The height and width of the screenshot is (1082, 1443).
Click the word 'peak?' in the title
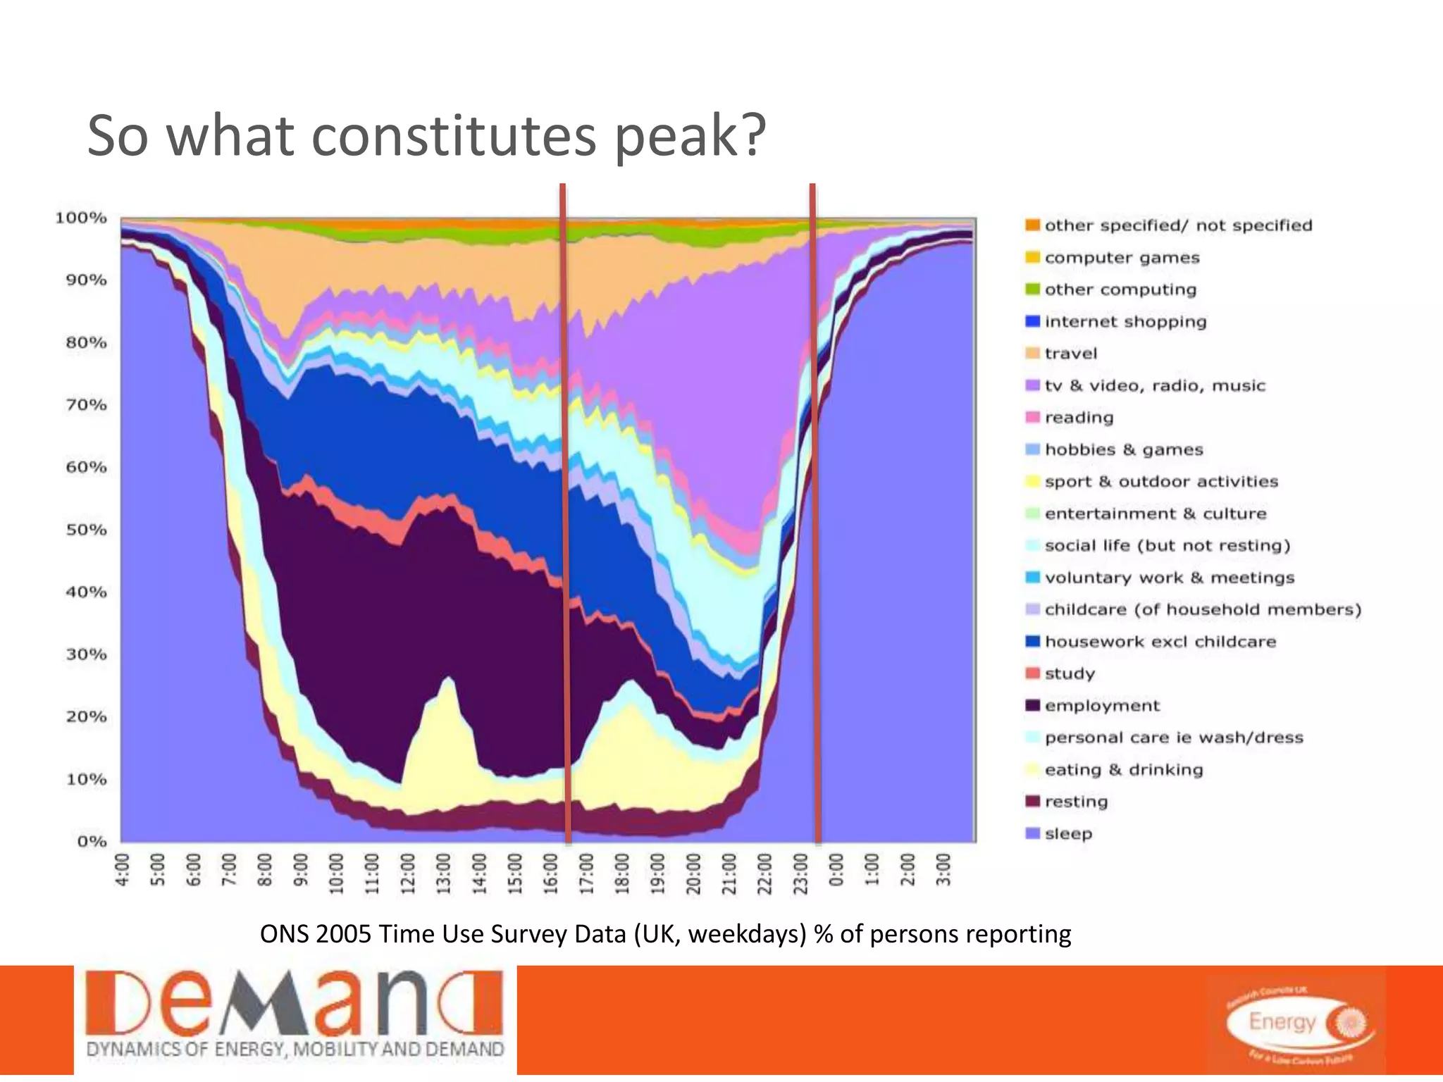coord(689,137)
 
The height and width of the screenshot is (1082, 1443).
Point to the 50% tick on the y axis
coord(86,530)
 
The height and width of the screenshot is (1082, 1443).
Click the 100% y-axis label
coord(81,218)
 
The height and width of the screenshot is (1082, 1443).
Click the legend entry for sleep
coord(1068,834)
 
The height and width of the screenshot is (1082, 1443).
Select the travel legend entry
coord(1070,354)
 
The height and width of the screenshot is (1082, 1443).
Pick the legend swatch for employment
coord(1033,706)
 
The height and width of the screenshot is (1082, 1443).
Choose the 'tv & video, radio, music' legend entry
coord(1154,386)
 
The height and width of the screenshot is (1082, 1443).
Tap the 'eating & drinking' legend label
coord(1123,770)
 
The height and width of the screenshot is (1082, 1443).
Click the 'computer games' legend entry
coord(1121,258)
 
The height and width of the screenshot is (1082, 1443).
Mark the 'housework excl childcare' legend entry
coord(1160,642)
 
